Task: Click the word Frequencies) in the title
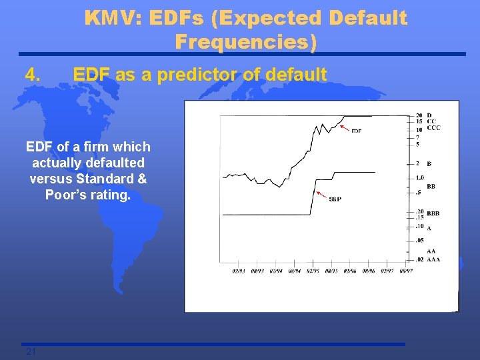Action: [x=245, y=42]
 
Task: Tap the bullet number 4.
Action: [x=34, y=75]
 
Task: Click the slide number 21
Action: [x=30, y=351]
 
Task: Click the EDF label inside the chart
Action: [x=356, y=131]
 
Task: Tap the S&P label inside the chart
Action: [x=335, y=199]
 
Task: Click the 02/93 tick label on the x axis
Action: [x=239, y=271]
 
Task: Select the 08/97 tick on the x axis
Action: [x=405, y=271]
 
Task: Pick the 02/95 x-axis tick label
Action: [x=313, y=271]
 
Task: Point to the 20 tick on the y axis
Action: [x=418, y=115]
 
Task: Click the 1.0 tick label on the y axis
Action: [x=419, y=177]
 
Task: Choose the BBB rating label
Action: [x=433, y=214]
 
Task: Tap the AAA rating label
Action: [x=433, y=259]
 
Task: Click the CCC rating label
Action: [x=433, y=127]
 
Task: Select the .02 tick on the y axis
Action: [x=419, y=259]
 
